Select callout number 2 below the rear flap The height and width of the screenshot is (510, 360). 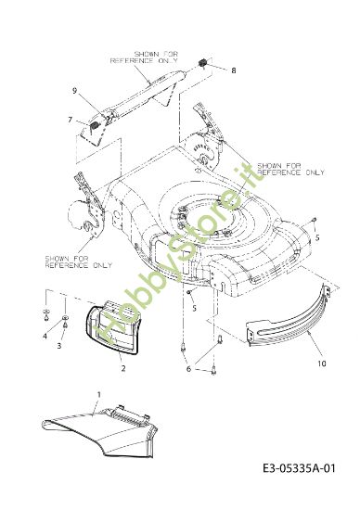point(122,368)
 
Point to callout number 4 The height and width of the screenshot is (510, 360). point(44,336)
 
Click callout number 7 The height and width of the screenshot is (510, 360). point(70,120)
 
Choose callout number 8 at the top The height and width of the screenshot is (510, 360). point(234,70)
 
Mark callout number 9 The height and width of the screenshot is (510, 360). point(73,90)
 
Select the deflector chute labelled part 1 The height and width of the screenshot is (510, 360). point(102,432)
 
